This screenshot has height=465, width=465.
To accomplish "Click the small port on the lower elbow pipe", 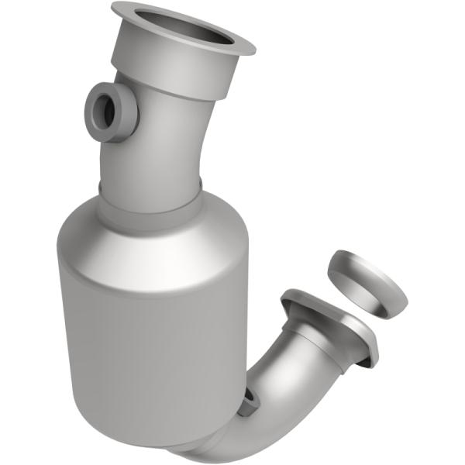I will (250, 400).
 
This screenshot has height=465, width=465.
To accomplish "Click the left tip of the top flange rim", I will (114, 9).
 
